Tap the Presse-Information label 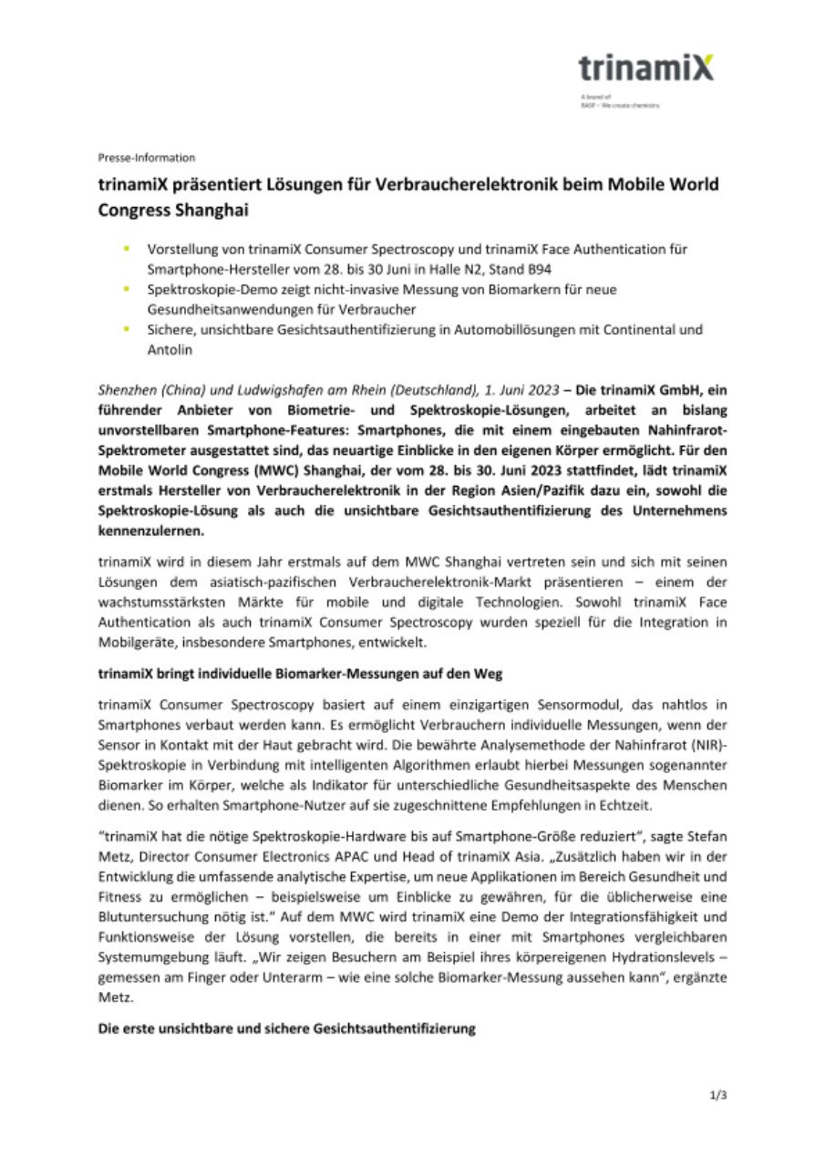[x=146, y=158]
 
